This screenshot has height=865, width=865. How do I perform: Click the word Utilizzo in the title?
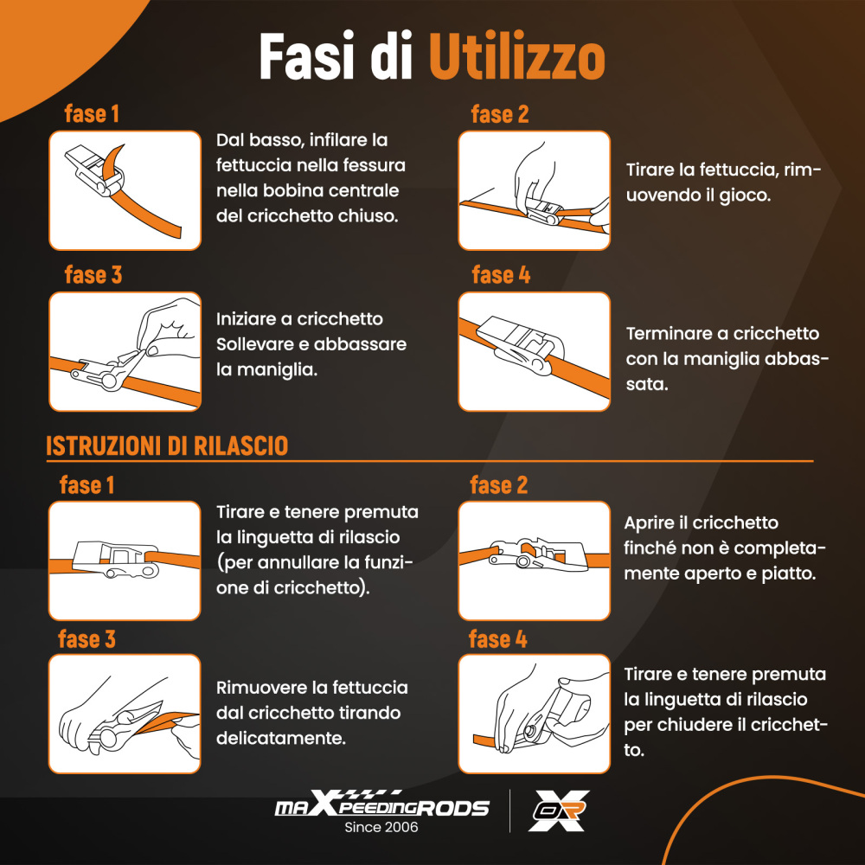click(x=516, y=59)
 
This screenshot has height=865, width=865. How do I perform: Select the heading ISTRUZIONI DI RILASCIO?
click(x=167, y=446)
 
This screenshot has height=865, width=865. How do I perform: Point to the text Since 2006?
click(x=381, y=828)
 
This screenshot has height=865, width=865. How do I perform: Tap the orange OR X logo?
click(x=560, y=811)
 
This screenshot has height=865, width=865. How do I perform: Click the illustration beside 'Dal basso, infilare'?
click(x=125, y=190)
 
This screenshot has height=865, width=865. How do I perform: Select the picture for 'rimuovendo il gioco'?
click(x=534, y=190)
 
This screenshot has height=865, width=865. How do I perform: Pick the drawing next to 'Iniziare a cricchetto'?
click(x=125, y=351)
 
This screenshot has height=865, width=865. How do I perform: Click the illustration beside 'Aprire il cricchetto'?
click(x=534, y=561)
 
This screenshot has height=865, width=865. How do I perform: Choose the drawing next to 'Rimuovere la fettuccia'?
click(x=125, y=714)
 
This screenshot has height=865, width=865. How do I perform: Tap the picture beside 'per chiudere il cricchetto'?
click(x=534, y=714)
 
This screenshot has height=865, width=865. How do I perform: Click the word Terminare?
click(x=670, y=334)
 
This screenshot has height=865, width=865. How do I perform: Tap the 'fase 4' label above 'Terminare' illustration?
click(x=501, y=275)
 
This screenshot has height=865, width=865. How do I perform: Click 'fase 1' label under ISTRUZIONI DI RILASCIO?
click(x=86, y=485)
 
